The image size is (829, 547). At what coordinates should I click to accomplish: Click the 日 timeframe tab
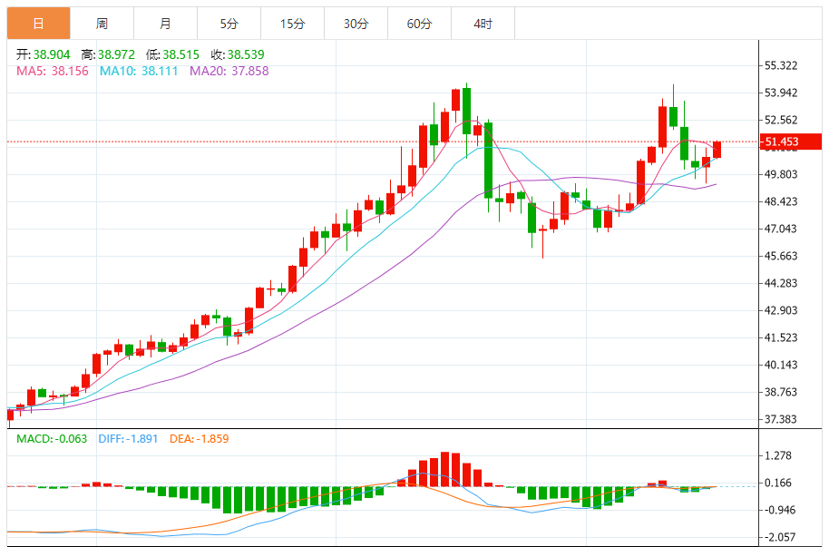click(38, 24)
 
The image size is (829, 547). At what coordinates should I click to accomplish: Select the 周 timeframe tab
click(102, 24)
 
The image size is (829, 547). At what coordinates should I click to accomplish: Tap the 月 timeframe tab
click(165, 24)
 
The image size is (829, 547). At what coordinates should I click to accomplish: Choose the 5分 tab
click(229, 24)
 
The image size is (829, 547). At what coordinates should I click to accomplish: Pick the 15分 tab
click(292, 24)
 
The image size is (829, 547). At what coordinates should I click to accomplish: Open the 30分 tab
click(356, 24)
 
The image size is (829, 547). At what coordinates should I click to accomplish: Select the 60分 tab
click(419, 24)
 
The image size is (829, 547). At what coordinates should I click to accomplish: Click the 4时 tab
click(483, 24)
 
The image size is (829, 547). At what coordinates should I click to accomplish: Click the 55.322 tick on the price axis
click(781, 65)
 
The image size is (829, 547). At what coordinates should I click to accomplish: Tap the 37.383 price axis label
click(781, 419)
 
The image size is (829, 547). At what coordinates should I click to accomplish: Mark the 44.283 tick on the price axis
click(781, 283)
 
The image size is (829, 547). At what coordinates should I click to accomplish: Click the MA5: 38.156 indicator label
click(53, 71)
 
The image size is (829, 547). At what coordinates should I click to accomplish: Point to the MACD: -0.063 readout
click(52, 439)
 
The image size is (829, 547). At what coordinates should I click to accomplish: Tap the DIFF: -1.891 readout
click(126, 439)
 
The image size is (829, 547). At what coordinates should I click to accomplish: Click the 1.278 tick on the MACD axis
click(778, 455)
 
